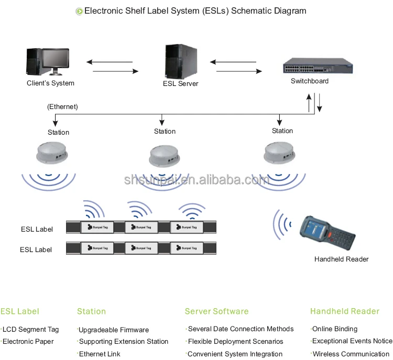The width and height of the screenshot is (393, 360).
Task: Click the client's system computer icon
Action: coord(50,62)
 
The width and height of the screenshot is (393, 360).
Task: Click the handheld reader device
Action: coord(323,231)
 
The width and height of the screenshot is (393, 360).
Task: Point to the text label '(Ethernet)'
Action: coord(62,107)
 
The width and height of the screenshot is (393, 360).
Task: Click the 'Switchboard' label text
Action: coord(310,81)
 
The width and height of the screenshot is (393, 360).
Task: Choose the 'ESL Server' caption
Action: coord(180,84)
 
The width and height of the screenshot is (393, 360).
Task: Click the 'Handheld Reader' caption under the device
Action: coord(341,259)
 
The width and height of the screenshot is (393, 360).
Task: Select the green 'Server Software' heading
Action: coord(216,312)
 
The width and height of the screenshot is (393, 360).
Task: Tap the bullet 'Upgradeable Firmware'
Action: coord(114,330)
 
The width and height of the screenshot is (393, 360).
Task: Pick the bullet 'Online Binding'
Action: coord(335,329)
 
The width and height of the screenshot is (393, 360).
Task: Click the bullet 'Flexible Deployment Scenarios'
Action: coord(235,342)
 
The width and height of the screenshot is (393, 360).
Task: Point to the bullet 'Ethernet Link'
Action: coord(100,354)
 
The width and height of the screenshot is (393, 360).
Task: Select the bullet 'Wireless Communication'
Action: coord(351,354)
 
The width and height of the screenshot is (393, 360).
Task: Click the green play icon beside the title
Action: coord(79,11)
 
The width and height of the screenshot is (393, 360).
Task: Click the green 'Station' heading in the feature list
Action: coord(91,312)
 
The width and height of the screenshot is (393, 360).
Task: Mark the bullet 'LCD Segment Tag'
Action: coord(31,330)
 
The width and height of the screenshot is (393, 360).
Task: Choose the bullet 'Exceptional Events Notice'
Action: coord(352,341)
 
